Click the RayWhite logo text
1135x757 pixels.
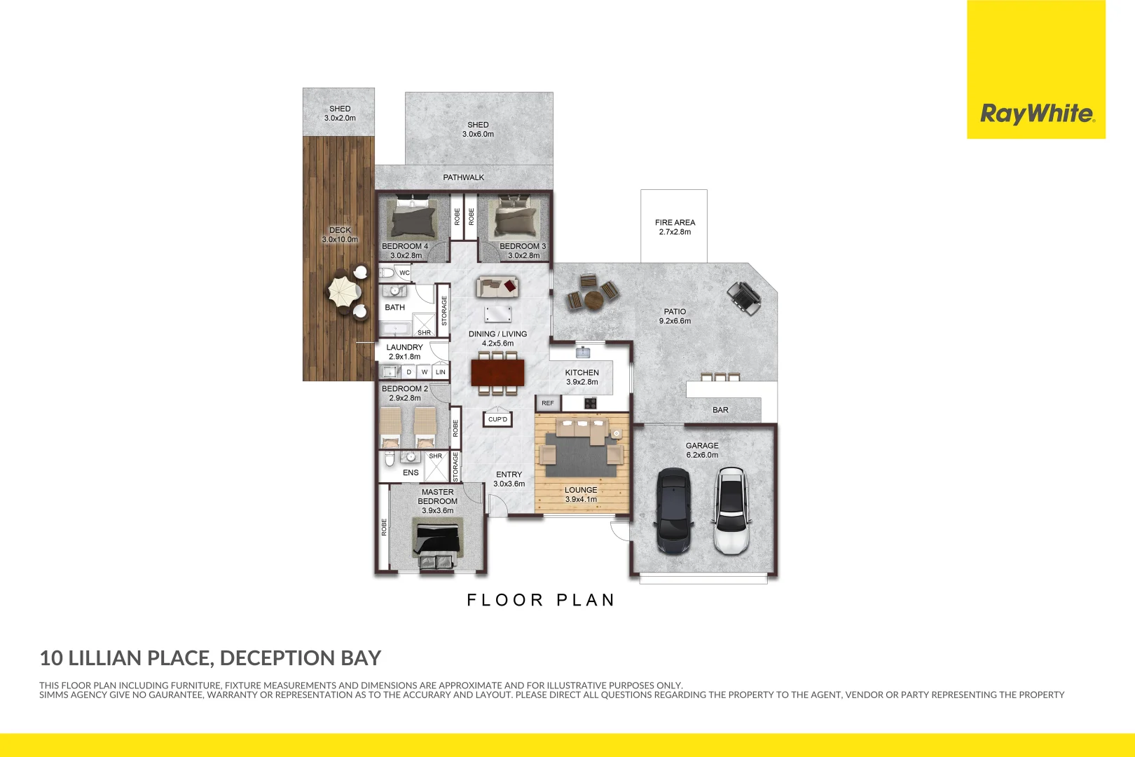coord(1036,114)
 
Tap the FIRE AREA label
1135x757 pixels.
coord(675,222)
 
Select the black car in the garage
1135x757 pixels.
coord(673,510)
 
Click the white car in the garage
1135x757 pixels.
coord(731,510)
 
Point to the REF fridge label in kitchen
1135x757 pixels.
coord(548,403)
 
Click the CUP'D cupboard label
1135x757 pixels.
coord(497,419)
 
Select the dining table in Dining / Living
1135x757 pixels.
coord(497,372)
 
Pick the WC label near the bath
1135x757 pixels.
coord(404,273)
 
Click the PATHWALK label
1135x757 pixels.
coord(463,177)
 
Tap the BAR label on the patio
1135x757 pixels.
coord(720,410)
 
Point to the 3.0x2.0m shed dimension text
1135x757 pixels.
coord(340,118)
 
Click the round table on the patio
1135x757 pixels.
coord(593,299)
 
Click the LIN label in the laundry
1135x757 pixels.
coord(440,372)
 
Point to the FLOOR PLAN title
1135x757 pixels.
coord(541,600)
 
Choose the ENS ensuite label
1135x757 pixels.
coord(411,472)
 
